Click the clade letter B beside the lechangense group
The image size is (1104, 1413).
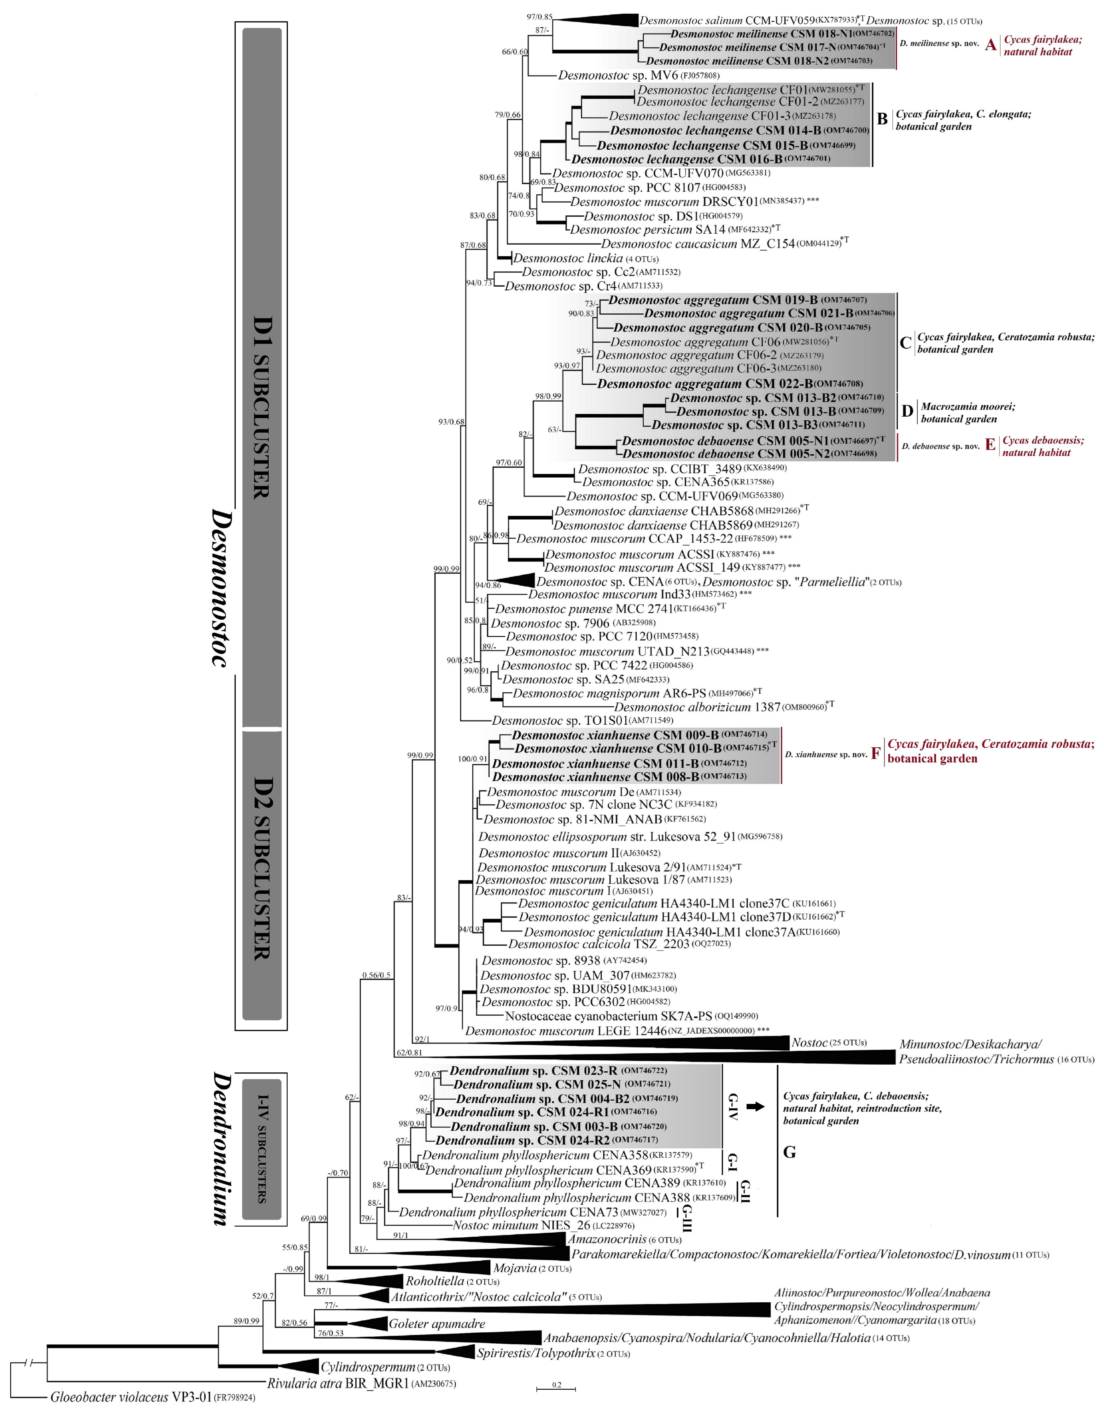pos(881,119)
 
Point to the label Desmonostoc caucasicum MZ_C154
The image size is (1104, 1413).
pos(698,244)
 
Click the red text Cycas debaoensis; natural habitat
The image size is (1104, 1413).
pos(1042,446)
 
